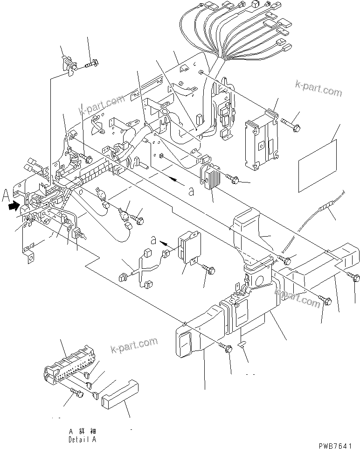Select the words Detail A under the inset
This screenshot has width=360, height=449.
pos(83,439)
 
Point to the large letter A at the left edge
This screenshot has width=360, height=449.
pos(6,194)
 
